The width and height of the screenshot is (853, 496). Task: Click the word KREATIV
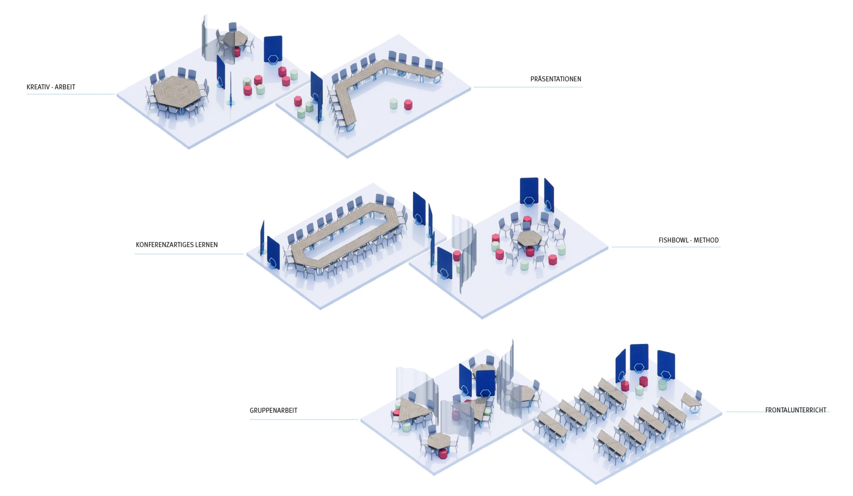(x=38, y=87)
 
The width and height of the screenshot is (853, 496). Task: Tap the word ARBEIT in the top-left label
(x=65, y=87)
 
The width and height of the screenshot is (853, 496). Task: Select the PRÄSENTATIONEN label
(x=555, y=79)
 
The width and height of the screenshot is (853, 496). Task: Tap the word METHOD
(x=706, y=240)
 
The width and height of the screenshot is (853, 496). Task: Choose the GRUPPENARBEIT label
(x=274, y=410)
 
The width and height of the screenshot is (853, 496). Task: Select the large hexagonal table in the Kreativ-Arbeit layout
(x=177, y=92)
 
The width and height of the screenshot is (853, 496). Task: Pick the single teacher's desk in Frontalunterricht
(x=690, y=400)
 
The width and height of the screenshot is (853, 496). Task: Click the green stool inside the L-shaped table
(x=393, y=104)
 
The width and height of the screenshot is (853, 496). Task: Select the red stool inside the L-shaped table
(x=408, y=105)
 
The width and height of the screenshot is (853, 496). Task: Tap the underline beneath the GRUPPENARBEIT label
(x=304, y=419)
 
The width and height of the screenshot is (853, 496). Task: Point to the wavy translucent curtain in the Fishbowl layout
(x=464, y=251)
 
